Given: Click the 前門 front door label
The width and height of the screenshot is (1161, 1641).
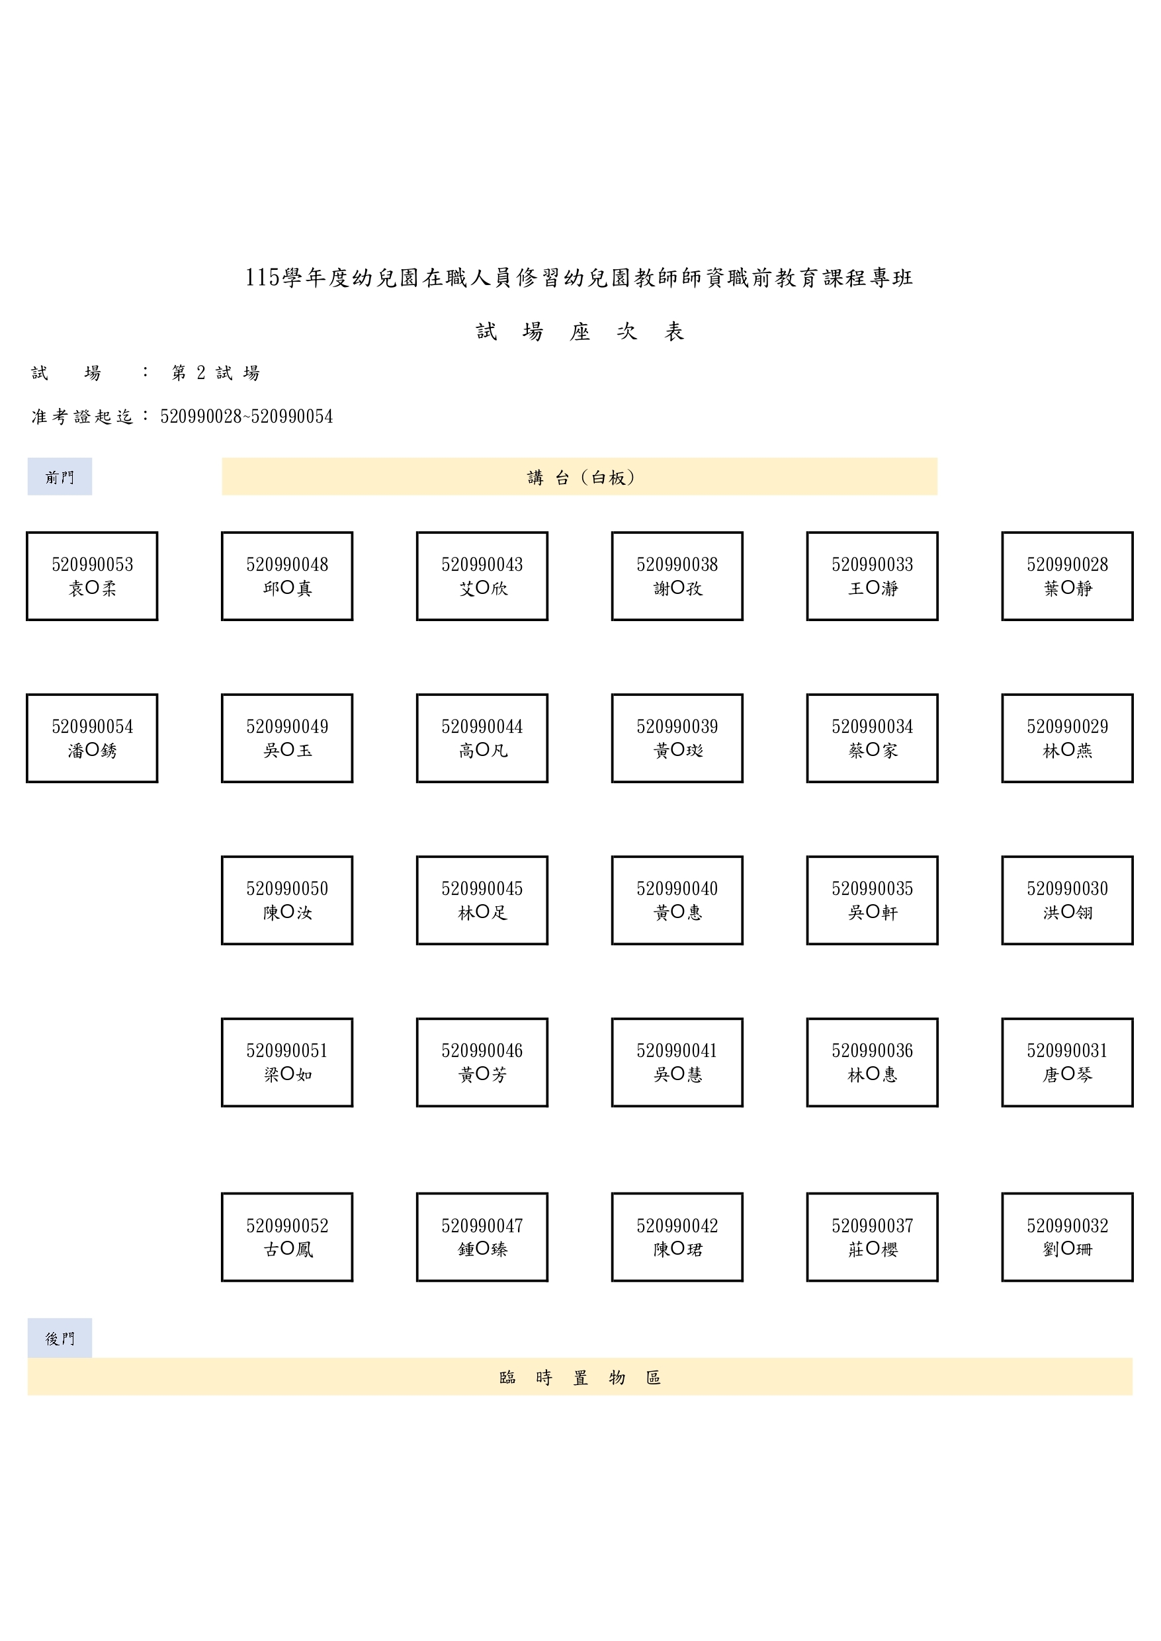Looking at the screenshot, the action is coord(60,476).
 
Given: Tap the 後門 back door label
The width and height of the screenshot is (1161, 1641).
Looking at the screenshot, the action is coord(60,1338).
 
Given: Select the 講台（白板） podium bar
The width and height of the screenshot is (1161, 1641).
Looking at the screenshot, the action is coord(579,476).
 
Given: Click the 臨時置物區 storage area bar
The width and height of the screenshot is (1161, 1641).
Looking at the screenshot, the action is coord(580,1376).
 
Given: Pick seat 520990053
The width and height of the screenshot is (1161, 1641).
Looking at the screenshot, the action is coord(92,576).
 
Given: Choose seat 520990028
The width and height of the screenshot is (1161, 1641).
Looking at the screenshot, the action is coord(1067,576).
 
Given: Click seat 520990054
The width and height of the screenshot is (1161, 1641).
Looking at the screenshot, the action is coord(92,738).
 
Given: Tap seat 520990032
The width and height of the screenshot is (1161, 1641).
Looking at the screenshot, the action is coord(1067,1237).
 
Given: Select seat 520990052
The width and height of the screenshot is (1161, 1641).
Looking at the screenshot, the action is coord(287,1237).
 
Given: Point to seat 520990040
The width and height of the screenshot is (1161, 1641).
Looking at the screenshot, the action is coord(677,901).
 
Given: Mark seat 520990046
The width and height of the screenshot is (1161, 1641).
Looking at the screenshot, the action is coord(482,1063).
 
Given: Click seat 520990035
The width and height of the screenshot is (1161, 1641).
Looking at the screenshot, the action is coord(872,901).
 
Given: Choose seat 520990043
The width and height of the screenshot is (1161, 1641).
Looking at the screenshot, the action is coord(482,576).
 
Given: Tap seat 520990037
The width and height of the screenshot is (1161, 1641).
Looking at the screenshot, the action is coord(872,1237).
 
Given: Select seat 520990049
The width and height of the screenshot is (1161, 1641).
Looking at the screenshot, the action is coord(287,738).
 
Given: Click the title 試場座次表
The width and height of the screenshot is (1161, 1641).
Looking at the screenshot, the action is coord(580,331).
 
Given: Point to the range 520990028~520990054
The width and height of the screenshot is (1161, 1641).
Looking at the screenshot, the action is coord(247,416).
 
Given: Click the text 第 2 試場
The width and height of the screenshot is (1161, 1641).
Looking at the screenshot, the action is coord(215,372).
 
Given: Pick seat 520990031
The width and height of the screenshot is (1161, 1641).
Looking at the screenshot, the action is coord(1067,1063).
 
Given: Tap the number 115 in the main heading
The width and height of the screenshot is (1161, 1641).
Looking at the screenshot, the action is coord(263,277).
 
